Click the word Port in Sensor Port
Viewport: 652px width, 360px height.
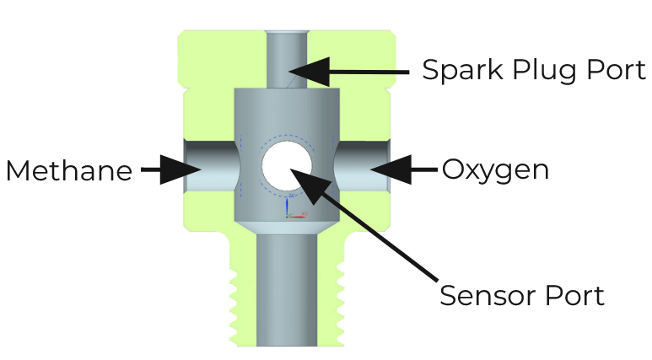(574, 295)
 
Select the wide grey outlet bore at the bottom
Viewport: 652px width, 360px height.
(286, 287)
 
